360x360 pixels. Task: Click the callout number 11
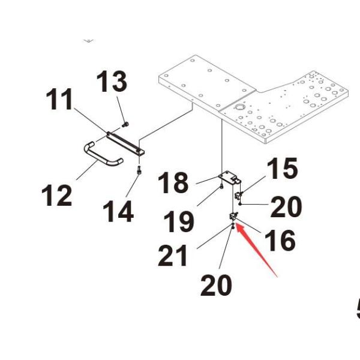61,101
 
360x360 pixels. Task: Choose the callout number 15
281,169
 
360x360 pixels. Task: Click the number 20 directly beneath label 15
286,208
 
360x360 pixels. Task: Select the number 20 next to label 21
216,285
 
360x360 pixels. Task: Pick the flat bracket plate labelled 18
229,177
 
